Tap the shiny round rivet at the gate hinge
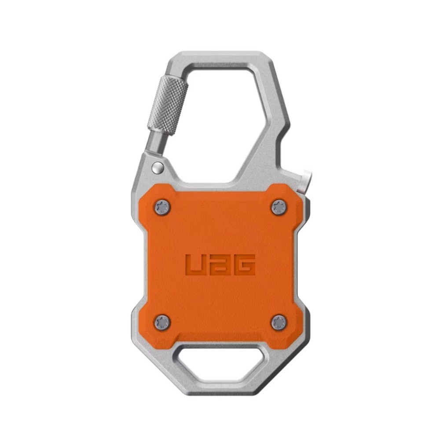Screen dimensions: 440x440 coord(157,167)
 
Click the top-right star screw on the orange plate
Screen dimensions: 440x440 coord(279,206)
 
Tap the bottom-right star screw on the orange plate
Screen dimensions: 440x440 coord(279,323)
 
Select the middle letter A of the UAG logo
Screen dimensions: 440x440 coord(220,264)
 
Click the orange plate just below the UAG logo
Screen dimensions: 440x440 coord(220,295)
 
